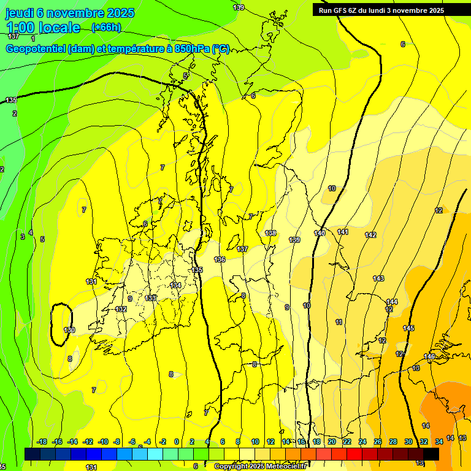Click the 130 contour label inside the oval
tap(69, 330)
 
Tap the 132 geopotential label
tap(121, 309)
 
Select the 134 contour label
tap(176, 285)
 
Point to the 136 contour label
tap(220, 260)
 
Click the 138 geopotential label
tap(270, 233)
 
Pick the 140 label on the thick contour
tap(320, 233)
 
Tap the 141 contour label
tap(343, 232)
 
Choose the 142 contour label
tap(370, 235)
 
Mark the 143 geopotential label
tap(378, 279)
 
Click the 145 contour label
tap(408, 328)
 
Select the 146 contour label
tap(429, 356)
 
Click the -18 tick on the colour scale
tap(42, 442)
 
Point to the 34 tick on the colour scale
tap(439, 442)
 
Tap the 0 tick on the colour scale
tap(177, 442)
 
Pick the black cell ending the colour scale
tap(431, 454)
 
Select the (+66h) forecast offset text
tap(106, 28)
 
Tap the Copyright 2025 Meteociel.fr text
tap(261, 467)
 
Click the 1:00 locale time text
tap(43, 28)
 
